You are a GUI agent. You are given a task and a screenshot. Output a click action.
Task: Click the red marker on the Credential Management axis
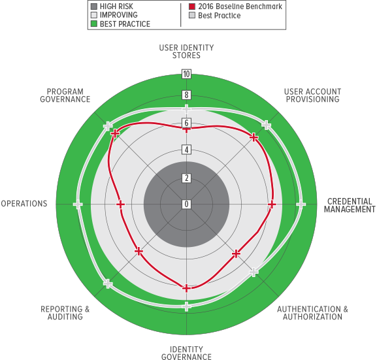point(272,205)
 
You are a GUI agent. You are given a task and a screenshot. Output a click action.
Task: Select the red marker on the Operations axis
point(120,205)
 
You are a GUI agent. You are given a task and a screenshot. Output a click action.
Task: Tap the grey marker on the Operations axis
point(78,205)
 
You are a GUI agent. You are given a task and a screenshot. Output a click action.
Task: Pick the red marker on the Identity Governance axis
point(186,288)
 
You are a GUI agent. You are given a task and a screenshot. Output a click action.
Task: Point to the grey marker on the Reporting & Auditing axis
point(108,284)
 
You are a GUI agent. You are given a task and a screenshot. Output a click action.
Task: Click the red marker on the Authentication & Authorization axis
point(237,254)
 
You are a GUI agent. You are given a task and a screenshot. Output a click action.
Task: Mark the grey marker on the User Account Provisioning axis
point(266,125)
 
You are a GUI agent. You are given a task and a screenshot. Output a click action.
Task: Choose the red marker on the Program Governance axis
point(115,133)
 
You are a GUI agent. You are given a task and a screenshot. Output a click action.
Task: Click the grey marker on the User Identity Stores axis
point(186,109)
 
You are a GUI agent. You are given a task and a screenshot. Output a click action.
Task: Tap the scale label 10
point(186,74)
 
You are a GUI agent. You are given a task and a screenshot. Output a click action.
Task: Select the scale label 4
point(186,150)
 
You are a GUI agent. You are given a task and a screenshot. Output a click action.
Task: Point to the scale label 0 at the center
point(186,204)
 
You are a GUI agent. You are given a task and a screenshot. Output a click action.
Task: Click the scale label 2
point(186,178)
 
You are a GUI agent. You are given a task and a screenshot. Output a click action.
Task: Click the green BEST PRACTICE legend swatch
point(94,24)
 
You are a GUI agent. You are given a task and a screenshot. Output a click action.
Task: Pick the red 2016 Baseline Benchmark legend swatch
point(192,7)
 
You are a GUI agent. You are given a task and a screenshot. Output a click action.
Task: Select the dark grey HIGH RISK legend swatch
point(94,7)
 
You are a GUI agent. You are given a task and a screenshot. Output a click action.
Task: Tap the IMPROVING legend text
point(118,15)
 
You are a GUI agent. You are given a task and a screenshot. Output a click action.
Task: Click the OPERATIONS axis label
point(24,204)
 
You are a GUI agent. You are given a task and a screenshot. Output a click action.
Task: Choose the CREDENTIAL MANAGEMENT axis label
point(350,205)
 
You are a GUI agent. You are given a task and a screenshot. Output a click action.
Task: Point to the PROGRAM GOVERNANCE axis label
point(65,95)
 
